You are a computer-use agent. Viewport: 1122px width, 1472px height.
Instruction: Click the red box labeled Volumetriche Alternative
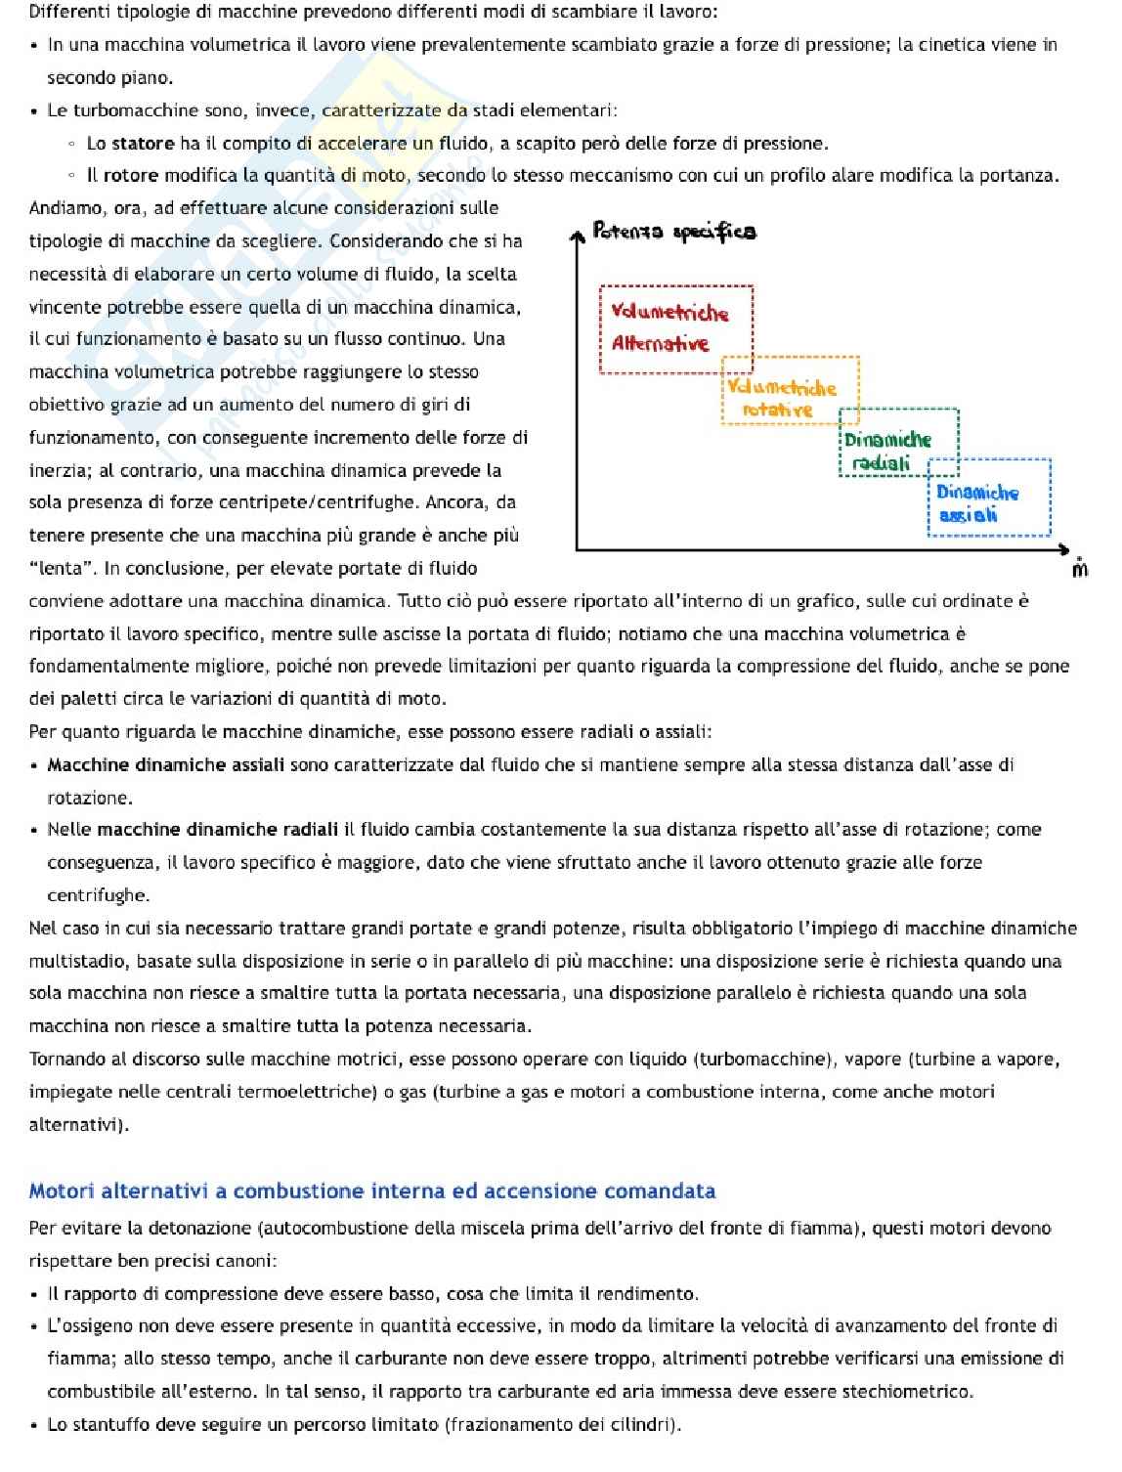point(675,328)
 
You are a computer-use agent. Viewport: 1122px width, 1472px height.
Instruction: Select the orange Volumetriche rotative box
point(790,390)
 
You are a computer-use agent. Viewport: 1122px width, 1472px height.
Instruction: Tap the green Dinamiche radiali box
point(898,443)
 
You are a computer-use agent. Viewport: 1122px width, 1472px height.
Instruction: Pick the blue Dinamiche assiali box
point(988,498)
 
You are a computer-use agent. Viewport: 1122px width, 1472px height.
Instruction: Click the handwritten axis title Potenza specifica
point(674,232)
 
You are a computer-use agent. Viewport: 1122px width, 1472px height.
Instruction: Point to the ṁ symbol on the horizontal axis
point(1079,568)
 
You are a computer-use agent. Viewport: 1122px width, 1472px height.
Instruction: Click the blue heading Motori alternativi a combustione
point(371,1191)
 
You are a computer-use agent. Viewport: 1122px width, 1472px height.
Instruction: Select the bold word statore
point(143,144)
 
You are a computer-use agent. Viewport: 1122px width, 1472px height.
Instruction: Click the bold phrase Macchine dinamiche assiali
point(166,764)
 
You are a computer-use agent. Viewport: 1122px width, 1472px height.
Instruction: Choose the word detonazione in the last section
point(203,1228)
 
